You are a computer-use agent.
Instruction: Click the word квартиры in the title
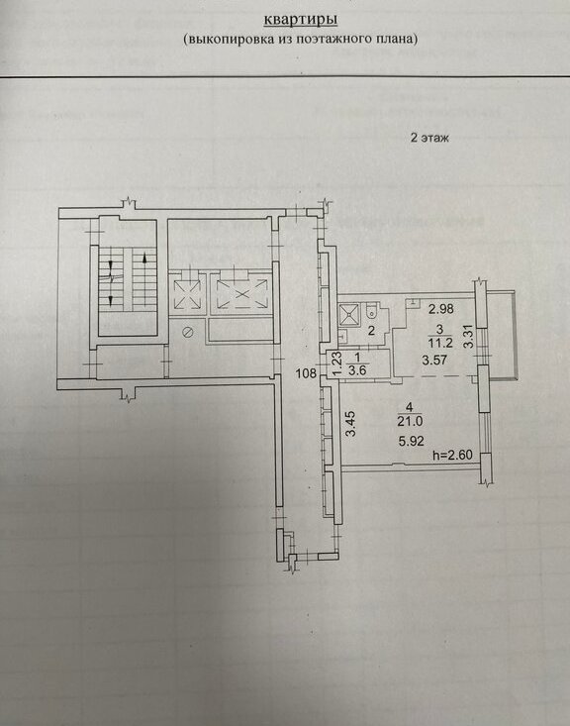300,20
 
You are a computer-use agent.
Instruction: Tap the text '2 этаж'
429,138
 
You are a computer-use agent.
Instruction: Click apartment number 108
306,373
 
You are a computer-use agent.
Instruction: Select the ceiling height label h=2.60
452,456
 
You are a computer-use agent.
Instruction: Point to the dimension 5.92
411,442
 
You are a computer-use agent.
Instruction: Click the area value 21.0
410,422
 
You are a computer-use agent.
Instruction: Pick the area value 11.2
439,343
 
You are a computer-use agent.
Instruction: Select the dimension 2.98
440,309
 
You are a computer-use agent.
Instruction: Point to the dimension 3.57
434,360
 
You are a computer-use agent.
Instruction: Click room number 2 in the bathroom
371,331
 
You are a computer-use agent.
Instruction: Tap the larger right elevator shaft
241,292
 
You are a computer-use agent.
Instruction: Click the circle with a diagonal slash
188,332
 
